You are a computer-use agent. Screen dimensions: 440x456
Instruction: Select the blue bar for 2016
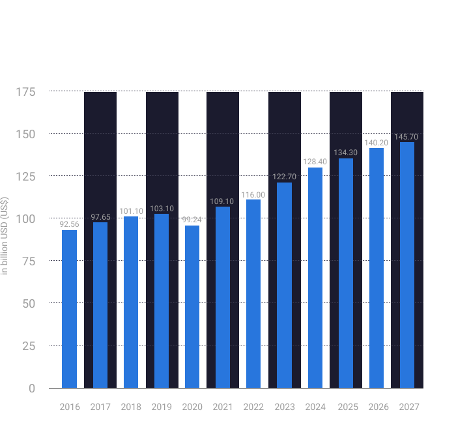point(69,309)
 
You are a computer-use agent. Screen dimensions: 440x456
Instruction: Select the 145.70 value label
point(406,137)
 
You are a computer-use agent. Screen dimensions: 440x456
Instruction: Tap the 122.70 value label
point(284,177)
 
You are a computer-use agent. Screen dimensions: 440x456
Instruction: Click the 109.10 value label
point(223,201)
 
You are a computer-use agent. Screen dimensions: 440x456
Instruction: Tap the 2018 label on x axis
point(130,407)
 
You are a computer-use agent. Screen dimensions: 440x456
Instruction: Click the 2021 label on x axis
point(223,407)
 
